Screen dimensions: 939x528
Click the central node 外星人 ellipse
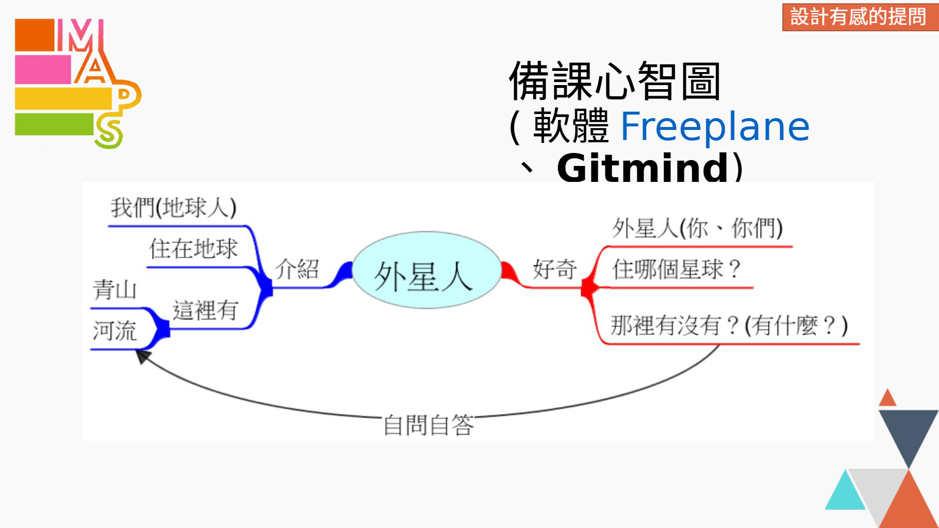427,270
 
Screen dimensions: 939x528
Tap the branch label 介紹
297,269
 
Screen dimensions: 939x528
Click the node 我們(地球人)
174,207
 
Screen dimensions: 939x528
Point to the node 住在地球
193,249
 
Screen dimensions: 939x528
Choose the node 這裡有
206,310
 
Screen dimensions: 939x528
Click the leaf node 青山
115,290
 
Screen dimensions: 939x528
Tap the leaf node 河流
115,331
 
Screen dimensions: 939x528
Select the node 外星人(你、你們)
697,229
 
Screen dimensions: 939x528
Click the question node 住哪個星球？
677,269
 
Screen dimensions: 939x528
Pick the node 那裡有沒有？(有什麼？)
729,326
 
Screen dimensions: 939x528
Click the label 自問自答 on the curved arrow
428,425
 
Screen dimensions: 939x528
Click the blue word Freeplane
715,126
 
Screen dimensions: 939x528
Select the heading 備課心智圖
615,81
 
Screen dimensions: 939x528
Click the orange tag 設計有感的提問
858,17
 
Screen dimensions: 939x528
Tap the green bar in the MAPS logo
54,124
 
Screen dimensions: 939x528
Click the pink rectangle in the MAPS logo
43,70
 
